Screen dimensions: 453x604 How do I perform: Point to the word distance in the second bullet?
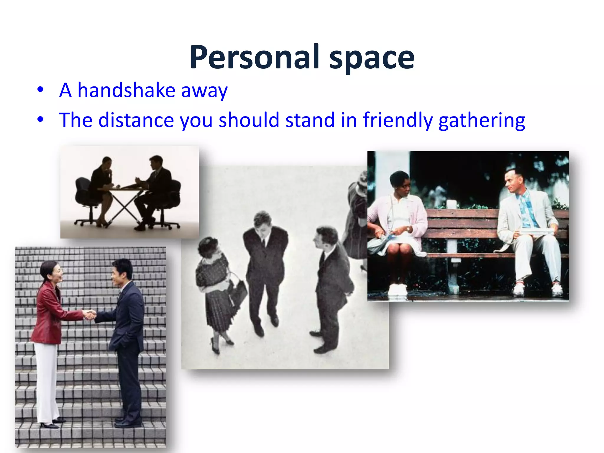136,120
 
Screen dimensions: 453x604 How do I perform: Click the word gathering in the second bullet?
482,121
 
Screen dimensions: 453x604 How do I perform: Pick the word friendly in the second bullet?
398,120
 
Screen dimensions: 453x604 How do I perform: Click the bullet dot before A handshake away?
40,89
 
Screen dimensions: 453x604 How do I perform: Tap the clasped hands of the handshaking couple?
89,314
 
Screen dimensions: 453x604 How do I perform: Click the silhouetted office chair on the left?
84,195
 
